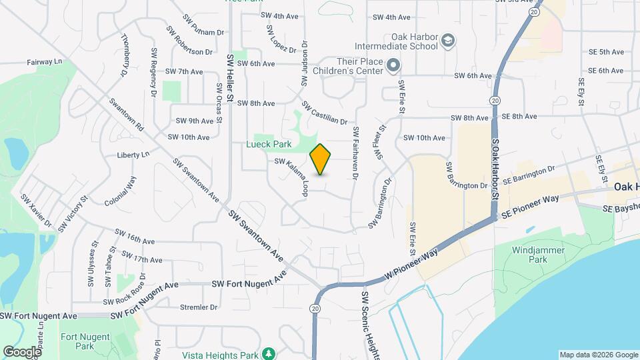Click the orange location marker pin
pos(321,159)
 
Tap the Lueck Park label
pos(269,143)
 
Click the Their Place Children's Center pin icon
pos(393,65)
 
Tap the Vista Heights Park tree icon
pos(268,353)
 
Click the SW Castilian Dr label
pos(325,113)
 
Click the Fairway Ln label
pos(45,61)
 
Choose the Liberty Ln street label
pos(133,155)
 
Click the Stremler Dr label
pos(199,307)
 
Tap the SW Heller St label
pos(230,78)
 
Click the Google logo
pos(22,351)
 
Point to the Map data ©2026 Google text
pos(598,355)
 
